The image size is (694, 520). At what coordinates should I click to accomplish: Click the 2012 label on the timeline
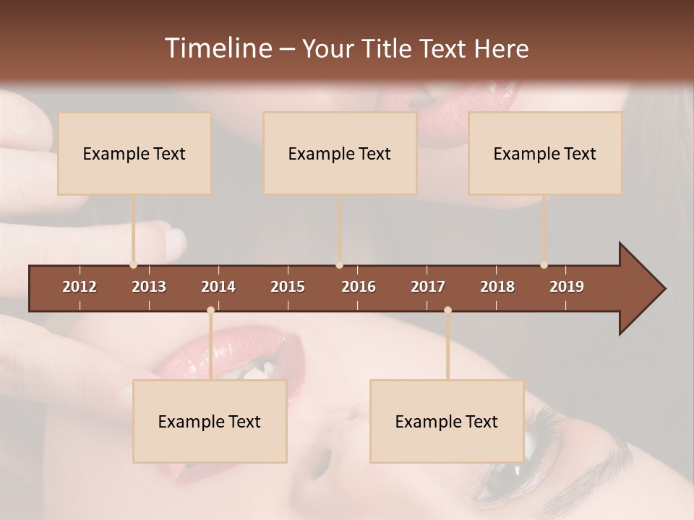coord(80,287)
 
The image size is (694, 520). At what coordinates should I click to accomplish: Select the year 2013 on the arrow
coord(149,287)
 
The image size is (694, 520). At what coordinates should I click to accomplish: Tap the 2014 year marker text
coord(218,287)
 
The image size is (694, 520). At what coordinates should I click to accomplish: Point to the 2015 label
coord(288,287)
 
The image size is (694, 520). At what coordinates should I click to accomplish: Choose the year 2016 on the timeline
coord(359,287)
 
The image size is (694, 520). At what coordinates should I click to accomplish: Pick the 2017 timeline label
coord(428,287)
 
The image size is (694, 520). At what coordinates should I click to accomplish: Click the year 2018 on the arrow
coord(497,287)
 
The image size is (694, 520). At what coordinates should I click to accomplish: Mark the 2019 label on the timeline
coord(567,287)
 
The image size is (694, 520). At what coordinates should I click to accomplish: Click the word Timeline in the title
coord(217,48)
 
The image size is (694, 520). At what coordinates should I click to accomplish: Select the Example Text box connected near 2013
coord(134,153)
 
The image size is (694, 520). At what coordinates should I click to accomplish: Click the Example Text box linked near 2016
coord(340,153)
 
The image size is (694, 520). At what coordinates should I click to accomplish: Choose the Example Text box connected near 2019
coord(545,153)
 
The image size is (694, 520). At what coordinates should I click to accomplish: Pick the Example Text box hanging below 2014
coord(210,421)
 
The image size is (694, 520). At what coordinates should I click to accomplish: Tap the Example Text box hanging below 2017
coord(447,421)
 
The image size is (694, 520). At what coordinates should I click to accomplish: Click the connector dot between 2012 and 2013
coord(133,265)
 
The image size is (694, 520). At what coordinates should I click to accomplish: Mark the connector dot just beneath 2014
coord(210,311)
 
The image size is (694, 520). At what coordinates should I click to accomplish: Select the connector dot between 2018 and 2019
coord(544,265)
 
